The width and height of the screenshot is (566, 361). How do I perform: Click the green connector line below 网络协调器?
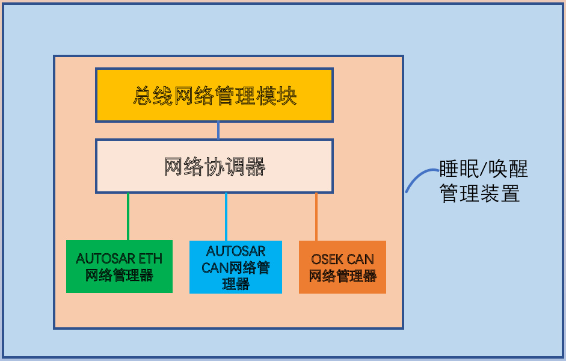(128, 217)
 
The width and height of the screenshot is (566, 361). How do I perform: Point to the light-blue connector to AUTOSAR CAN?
(226, 217)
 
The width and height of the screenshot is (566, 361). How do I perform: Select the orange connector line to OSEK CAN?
(316, 217)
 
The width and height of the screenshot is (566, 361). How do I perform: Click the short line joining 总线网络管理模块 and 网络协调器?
(218, 131)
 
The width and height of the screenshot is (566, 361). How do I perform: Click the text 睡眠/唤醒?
(484, 169)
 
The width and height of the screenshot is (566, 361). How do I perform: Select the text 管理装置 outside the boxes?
(480, 194)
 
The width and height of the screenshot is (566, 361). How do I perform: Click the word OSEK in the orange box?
(327, 260)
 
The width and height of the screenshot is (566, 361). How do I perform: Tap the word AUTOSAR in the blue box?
(236, 251)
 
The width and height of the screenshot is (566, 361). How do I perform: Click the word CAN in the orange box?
(360, 260)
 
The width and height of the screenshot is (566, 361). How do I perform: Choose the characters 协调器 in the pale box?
(235, 167)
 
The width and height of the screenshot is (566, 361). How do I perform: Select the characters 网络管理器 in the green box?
(119, 276)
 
